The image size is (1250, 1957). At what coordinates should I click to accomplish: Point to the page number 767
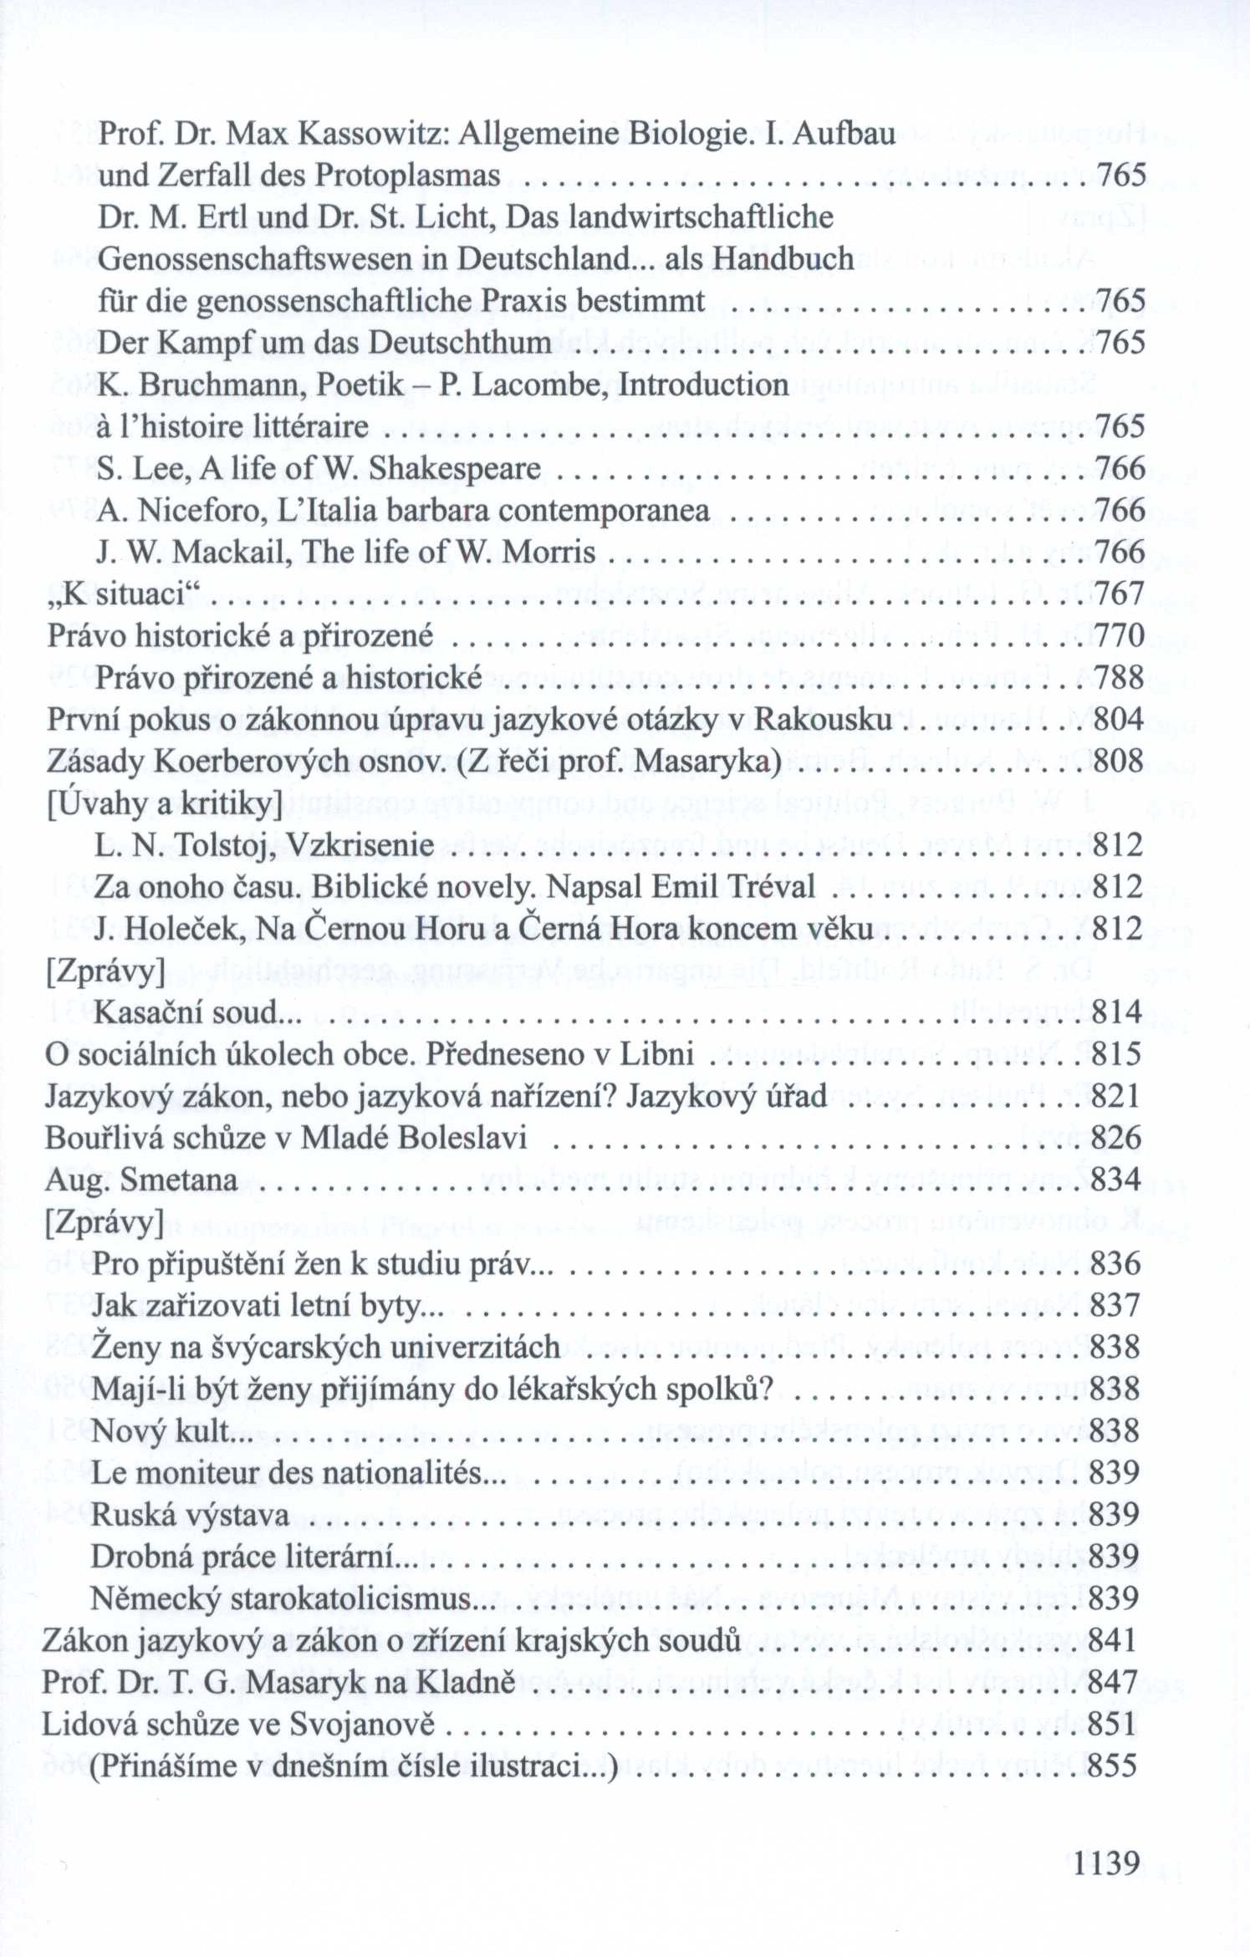tap(1119, 594)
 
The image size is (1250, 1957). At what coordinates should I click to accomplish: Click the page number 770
tap(1119, 635)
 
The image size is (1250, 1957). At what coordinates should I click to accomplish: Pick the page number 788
tap(1119, 677)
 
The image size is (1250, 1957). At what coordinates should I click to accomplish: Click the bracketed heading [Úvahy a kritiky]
tap(165, 803)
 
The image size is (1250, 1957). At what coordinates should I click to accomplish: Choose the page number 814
tap(1116, 1012)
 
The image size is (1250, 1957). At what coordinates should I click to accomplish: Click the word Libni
tap(656, 1054)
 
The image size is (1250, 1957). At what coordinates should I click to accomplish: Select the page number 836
tap(1115, 1264)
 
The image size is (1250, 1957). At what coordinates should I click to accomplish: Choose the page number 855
tap(1113, 1766)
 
